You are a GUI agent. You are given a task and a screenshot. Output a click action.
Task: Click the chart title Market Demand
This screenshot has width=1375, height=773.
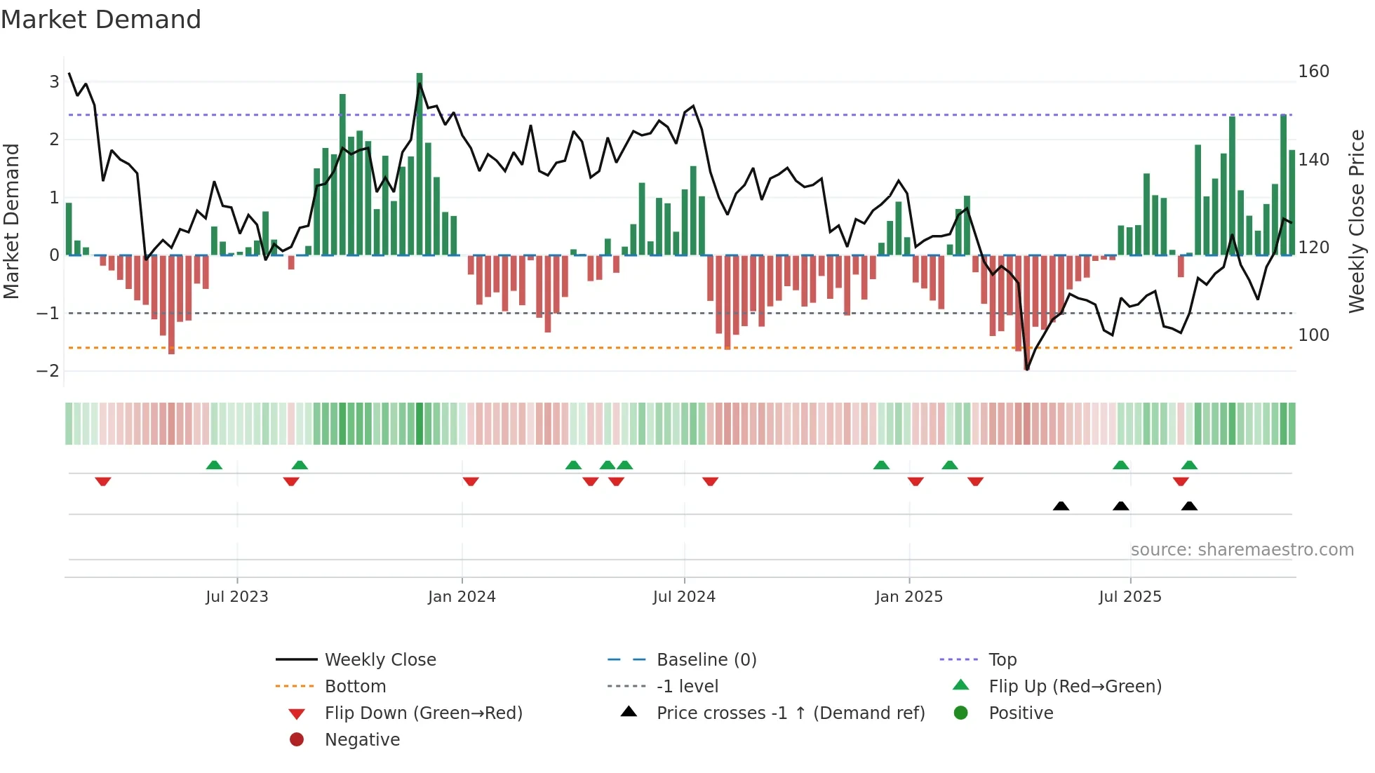(101, 20)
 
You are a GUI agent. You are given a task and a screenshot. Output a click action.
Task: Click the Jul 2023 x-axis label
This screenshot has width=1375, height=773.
(237, 597)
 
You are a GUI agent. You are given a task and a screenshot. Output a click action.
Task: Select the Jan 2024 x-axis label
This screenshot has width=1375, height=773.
(462, 597)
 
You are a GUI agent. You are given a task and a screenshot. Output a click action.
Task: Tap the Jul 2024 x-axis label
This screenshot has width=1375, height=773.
(684, 597)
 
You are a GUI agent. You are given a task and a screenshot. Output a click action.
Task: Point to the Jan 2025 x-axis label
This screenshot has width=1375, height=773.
(909, 597)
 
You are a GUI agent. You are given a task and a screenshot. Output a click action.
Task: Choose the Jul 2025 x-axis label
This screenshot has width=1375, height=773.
(1130, 597)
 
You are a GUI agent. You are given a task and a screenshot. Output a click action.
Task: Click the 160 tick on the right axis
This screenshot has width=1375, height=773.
(1313, 72)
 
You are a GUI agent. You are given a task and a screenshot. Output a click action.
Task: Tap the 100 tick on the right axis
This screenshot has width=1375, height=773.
(1313, 335)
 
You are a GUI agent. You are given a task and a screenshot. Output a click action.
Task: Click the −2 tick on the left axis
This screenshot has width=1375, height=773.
(48, 371)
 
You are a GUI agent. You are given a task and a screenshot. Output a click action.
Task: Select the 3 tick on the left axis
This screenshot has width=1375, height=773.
(54, 82)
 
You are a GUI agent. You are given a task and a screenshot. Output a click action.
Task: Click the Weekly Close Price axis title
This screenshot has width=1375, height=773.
(1357, 221)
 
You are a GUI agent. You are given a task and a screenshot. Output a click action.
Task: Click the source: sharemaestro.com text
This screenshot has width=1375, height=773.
(1242, 550)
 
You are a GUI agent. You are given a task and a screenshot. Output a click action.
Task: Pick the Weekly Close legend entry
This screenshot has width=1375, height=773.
(380, 660)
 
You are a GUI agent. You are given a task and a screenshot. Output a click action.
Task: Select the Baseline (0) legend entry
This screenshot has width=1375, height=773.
(706, 660)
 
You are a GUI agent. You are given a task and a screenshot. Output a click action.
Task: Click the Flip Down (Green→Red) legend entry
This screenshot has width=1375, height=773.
(423, 713)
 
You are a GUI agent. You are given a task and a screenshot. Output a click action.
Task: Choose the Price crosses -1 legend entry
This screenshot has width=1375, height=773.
(790, 713)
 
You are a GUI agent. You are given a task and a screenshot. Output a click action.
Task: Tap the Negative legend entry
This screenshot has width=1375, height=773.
(362, 740)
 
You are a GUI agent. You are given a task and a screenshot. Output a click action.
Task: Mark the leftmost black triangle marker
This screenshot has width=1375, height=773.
(1061, 506)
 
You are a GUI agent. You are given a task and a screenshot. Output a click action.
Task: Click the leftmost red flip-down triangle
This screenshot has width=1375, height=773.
(103, 481)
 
